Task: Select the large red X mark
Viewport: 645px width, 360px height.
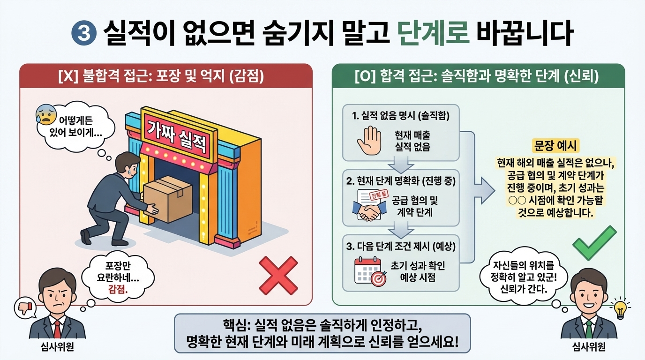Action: click(278, 275)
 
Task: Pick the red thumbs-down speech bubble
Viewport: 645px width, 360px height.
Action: click(24, 307)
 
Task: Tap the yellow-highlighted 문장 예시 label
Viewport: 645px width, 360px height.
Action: click(556, 145)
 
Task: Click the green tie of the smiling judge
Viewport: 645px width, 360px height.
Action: click(589, 329)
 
